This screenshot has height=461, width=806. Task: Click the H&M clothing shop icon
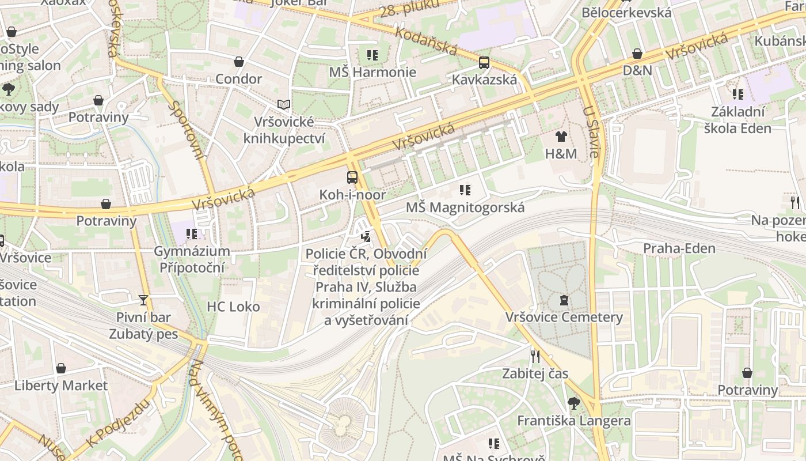561,137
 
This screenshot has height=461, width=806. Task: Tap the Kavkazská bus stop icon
484,63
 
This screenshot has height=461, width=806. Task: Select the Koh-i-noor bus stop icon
352,177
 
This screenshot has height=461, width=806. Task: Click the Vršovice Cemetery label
564,318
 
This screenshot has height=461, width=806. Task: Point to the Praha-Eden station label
679,249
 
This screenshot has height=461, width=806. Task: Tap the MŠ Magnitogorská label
465,207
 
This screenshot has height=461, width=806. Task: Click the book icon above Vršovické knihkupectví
283,104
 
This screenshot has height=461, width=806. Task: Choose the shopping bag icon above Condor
239,62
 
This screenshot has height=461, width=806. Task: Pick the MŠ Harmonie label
372,72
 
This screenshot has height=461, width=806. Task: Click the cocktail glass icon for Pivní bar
143,300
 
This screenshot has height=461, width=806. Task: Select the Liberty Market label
61,386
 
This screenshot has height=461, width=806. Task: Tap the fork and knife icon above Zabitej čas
535,356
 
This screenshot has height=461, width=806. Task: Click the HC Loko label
233,307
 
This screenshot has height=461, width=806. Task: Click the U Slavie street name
591,131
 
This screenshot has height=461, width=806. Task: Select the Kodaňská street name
426,40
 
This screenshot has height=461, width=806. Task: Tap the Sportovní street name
188,130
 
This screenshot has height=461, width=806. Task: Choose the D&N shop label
637,70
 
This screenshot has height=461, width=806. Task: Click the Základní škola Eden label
737,119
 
